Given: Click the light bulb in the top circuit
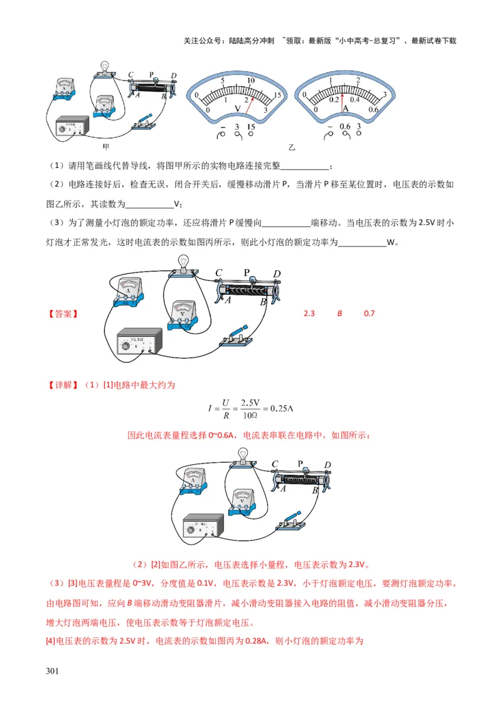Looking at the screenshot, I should point(105,66).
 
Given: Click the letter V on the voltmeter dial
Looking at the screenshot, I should point(237,109).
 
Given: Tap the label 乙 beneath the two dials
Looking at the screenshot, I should point(291,148).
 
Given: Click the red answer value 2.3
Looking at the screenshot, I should point(309,313).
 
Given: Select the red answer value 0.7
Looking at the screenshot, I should point(369,313).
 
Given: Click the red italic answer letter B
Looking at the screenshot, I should point(339,313).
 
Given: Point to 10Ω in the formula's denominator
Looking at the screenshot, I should point(251,415).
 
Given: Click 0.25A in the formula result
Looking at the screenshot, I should point(280,409).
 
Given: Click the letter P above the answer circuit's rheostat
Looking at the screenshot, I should point(247,272).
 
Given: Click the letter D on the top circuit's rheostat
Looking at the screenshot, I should point(173,77).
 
